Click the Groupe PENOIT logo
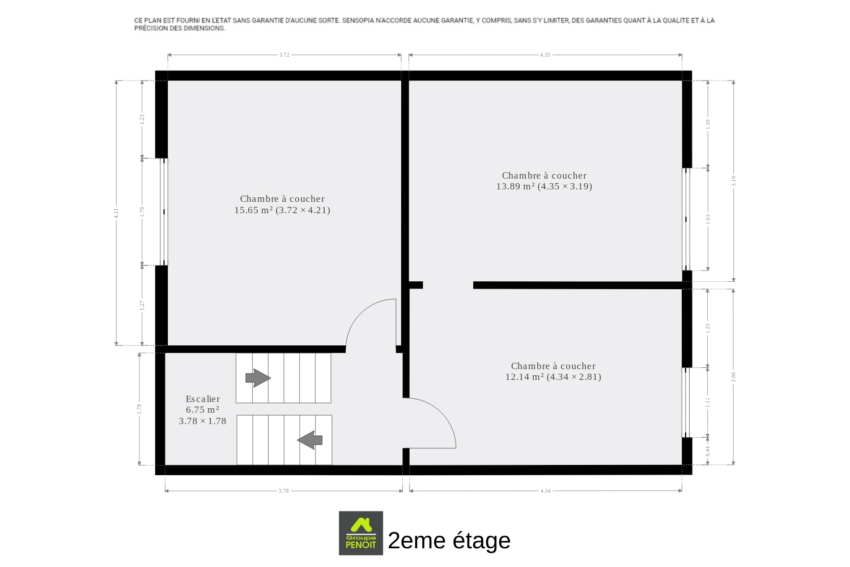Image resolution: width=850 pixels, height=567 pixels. pos(360,533)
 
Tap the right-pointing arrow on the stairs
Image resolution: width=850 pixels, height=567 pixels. pos(258,378)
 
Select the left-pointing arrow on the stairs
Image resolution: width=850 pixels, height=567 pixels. pos(309,440)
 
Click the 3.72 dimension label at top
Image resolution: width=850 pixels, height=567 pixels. pos(284,54)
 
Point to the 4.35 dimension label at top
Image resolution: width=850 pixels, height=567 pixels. pos(545,54)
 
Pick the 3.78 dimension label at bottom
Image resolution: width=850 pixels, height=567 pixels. pos(283,490)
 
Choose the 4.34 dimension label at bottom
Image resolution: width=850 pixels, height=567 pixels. pos(545,490)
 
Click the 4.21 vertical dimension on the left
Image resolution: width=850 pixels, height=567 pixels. pos(117,213)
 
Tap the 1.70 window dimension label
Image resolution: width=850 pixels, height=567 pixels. pos(142,211)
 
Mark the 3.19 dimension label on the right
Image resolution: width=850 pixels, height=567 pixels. pos(733,181)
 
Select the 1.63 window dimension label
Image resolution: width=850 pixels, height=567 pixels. pos(708,219)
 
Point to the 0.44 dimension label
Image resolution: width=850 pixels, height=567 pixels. pos(708,451)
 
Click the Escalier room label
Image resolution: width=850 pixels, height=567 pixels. pos(203,399)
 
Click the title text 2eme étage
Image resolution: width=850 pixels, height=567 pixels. pos(449,540)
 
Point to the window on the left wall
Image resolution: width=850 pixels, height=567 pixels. pos(164,211)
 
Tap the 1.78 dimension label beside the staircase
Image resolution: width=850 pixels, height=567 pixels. pos(139,409)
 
